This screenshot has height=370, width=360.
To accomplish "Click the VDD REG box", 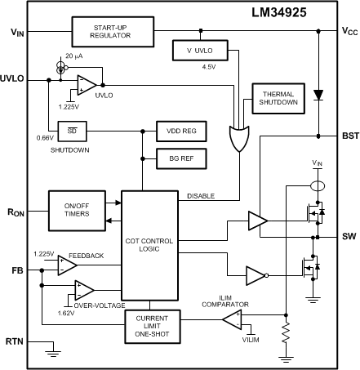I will (x=180, y=131).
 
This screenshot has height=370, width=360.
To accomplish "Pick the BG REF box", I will (x=180, y=155).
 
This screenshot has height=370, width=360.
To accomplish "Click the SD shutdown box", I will (x=71, y=131).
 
